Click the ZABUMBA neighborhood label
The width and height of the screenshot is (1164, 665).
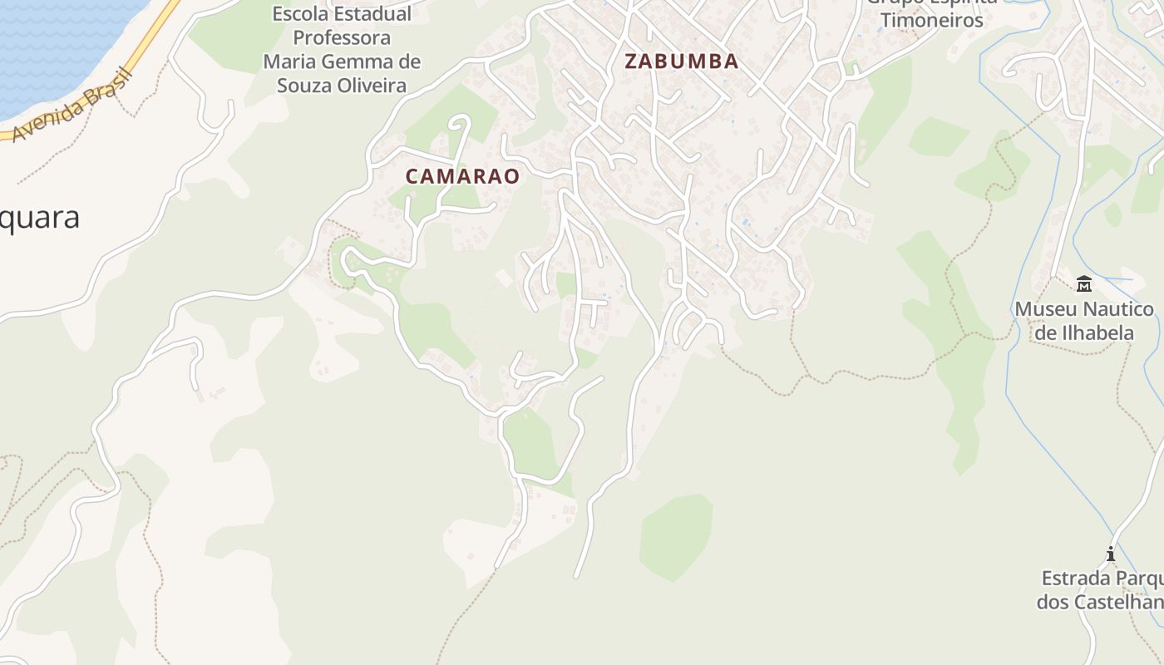681,61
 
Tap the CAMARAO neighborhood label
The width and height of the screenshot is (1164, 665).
462,176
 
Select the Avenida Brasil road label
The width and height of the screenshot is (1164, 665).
73,106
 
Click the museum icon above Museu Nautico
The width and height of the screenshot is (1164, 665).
1084,285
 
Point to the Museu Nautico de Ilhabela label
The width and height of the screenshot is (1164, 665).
1084,321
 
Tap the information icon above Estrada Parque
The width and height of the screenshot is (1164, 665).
1110,554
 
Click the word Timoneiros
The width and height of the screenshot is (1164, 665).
932,20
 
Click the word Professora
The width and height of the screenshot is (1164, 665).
342,38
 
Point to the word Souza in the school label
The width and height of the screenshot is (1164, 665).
304,85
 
